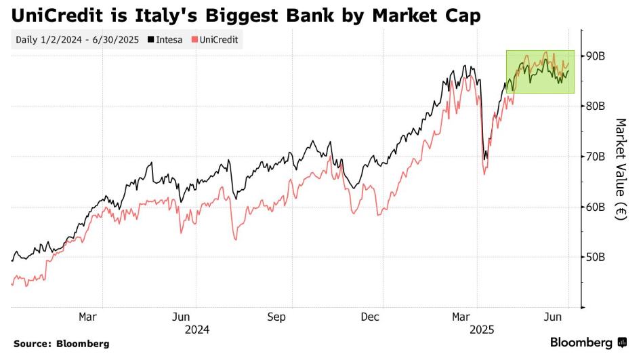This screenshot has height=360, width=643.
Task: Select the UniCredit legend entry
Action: [x=217, y=39]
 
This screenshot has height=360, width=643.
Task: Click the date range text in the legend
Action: [x=77, y=39]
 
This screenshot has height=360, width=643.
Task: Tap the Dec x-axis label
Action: [x=370, y=317]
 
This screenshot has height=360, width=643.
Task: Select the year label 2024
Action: [x=196, y=330]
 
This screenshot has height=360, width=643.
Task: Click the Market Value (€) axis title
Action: [x=621, y=169]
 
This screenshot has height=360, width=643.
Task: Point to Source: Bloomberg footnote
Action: [x=61, y=344]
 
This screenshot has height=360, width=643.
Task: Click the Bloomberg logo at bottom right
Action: [x=588, y=342]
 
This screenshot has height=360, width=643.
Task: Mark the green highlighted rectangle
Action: [x=540, y=71]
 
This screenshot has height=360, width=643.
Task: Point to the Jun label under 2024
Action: [x=181, y=317]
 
